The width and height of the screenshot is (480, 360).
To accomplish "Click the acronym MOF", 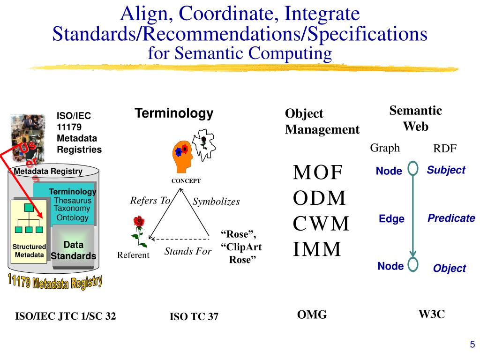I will [318, 172].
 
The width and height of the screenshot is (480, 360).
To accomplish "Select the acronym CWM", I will [321, 224].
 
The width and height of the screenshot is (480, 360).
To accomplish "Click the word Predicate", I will [451, 218].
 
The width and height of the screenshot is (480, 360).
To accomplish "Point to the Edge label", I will [391, 219].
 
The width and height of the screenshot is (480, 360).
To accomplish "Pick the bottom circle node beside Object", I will [413, 264].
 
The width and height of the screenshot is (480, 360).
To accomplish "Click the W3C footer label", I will [431, 315].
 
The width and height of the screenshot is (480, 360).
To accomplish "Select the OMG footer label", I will [312, 315].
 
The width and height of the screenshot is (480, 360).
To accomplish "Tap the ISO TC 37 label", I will [194, 317].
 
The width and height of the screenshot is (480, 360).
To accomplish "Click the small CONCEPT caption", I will [186, 180].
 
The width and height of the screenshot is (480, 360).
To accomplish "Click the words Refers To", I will [150, 201].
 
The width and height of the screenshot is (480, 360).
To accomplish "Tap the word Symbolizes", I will [216, 202].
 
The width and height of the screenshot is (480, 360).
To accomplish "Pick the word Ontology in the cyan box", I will [72, 217].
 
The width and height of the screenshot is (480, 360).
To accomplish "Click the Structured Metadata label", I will [29, 251].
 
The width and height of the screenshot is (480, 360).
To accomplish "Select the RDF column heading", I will [444, 149].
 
